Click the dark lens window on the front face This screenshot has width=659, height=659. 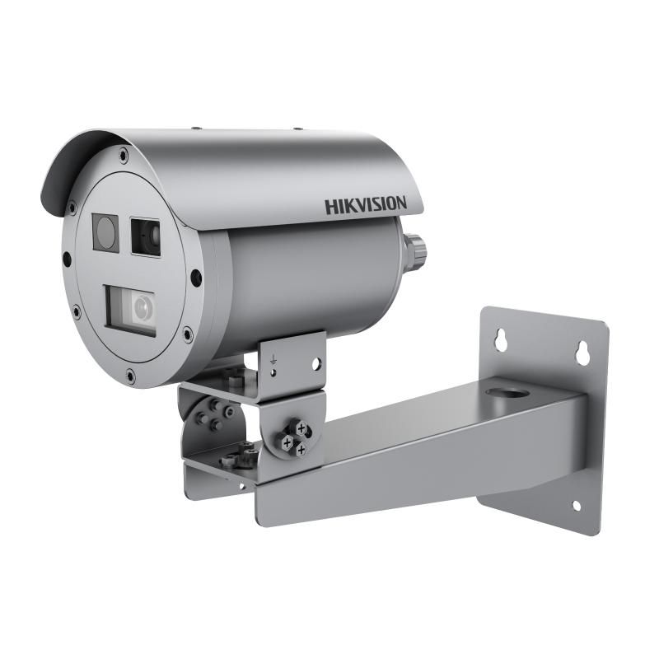(x=146, y=236)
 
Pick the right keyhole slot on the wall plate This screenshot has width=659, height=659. (x=582, y=351)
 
